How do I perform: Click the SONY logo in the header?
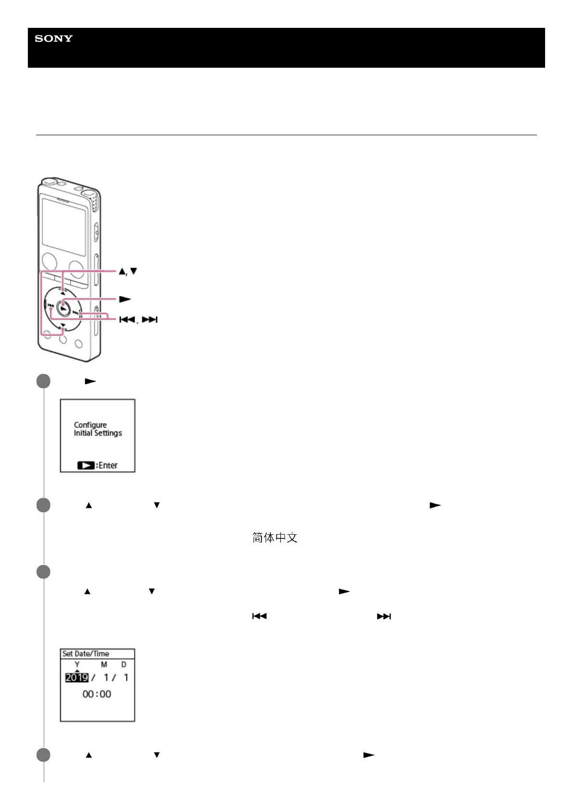53,38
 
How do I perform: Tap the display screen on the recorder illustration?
63,226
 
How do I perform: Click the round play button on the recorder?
63,307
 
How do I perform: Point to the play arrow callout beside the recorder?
125,299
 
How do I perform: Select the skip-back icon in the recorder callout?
127,319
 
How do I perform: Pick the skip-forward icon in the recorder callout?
149,319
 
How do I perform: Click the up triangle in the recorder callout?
122,271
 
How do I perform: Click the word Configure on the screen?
90,425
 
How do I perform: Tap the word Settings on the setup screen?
108,433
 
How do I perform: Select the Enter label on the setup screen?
108,465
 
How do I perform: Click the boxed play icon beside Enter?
86,465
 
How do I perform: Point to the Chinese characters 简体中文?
274,538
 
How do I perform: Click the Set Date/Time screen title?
86,653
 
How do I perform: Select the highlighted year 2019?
77,677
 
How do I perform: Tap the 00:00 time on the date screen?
97,694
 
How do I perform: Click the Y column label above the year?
77,664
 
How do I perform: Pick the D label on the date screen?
124,664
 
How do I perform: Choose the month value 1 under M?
106,677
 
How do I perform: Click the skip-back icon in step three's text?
260,616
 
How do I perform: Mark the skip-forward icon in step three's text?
384,616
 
